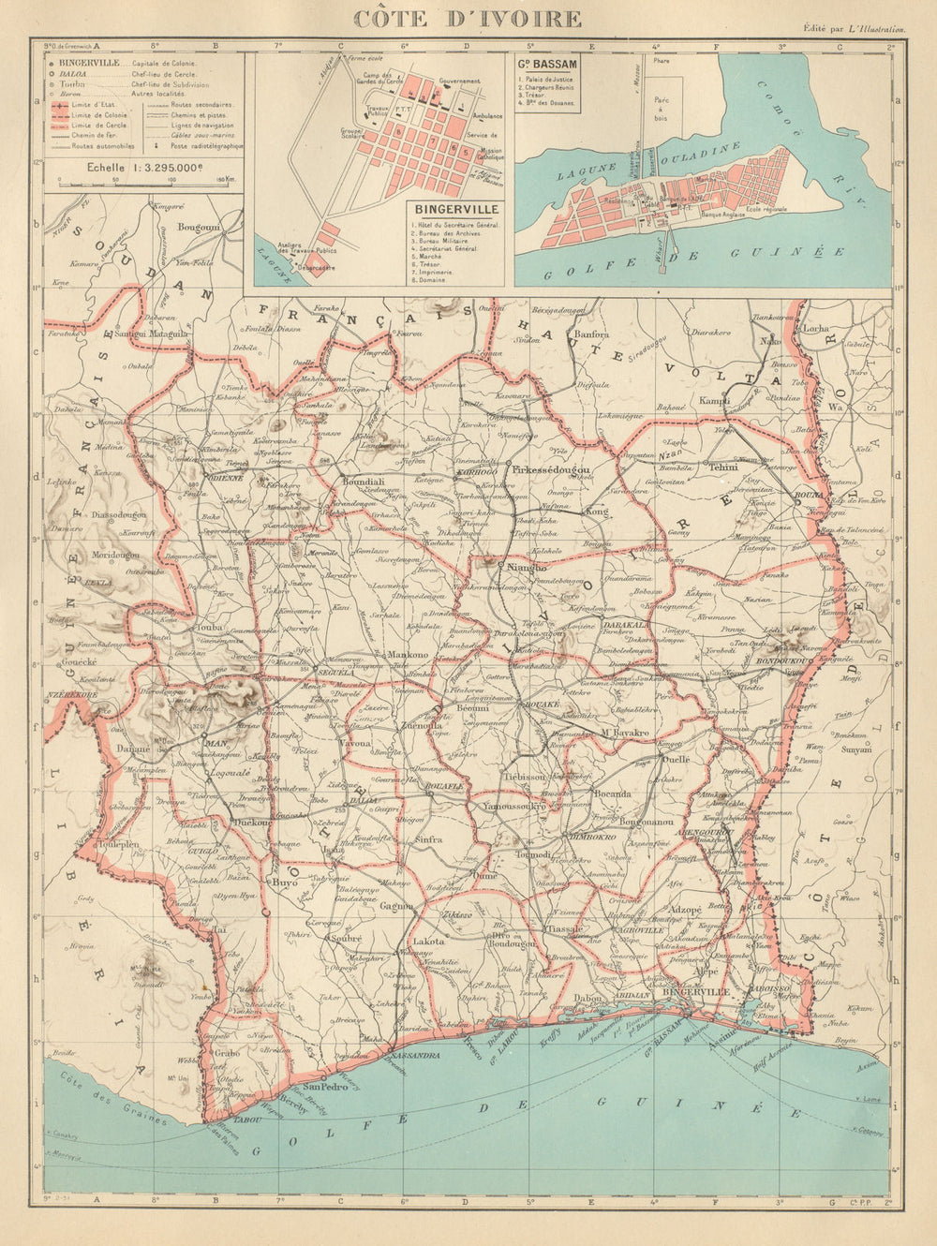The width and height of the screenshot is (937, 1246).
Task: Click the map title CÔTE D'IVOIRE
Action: click(x=466, y=18)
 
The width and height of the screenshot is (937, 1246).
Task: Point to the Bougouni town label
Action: click(x=197, y=227)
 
